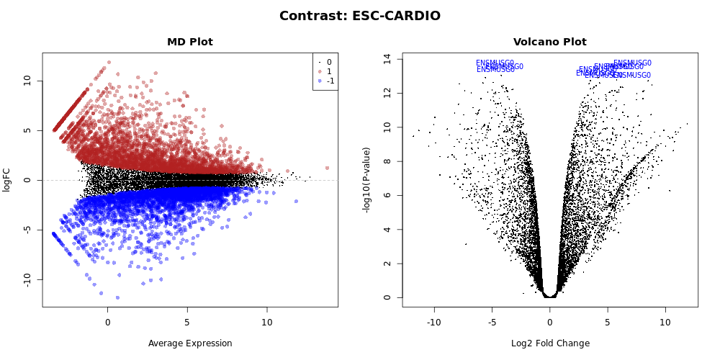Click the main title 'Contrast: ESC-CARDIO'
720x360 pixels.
click(359, 16)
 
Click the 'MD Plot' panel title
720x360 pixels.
click(189, 42)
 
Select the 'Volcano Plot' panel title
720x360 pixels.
click(549, 42)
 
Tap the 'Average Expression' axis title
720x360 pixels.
click(190, 343)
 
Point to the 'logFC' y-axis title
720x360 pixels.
click(7, 180)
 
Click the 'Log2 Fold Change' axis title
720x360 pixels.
click(549, 343)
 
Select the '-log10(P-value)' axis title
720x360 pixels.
click(367, 180)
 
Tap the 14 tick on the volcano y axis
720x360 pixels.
click(387, 58)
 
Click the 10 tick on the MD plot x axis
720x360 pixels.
click(266, 322)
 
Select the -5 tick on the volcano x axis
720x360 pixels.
click(492, 322)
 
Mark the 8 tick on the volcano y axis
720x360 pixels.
click(387, 161)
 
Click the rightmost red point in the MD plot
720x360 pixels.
click(327, 168)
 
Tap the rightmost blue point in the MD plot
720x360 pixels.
click(296, 201)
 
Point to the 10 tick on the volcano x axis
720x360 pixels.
click(665, 322)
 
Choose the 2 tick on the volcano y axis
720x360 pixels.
click(387, 264)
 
